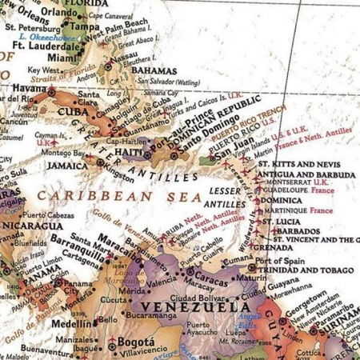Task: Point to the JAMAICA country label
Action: pos(68,165)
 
